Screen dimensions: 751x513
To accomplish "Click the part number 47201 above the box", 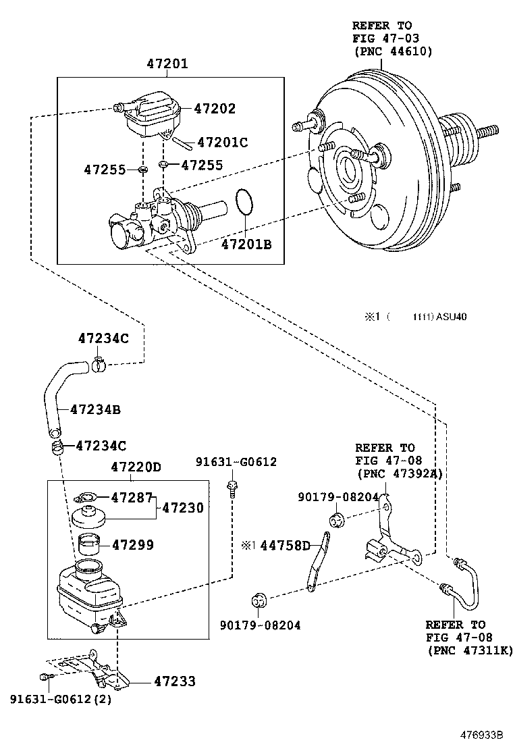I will pos(167,64).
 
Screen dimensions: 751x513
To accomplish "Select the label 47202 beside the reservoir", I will pos(215,108).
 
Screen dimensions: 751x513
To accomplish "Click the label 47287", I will pos(132,497).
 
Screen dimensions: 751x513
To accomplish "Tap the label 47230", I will pos(183,507).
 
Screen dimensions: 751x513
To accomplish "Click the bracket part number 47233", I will pos(175,681).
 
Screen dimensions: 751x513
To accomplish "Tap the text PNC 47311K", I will pos(470,650).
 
